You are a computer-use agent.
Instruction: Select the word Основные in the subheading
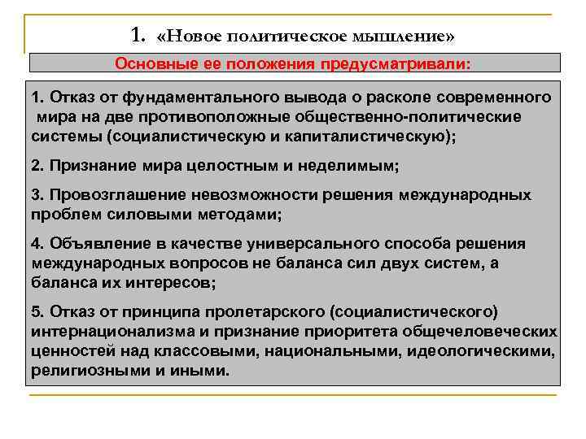[149, 63]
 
